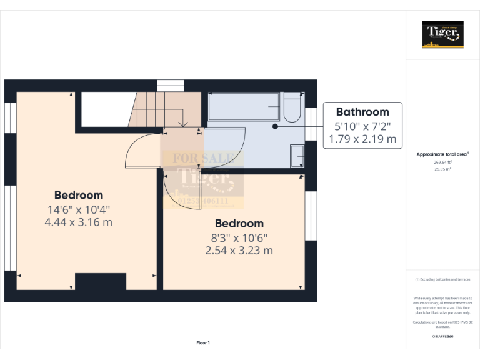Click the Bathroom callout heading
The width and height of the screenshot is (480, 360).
(362, 112)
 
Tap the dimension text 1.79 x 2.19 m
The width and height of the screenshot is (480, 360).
(362, 139)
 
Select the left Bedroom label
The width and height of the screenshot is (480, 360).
(79, 195)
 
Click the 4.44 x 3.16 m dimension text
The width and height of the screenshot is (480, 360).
(79, 222)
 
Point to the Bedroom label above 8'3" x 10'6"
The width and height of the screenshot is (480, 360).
(239, 223)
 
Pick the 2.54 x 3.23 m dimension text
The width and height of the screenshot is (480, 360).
(239, 251)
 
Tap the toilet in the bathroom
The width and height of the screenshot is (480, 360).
(291, 107)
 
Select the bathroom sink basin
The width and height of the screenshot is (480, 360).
(297, 156)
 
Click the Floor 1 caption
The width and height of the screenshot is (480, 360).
(203, 343)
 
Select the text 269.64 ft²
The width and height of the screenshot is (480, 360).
(443, 162)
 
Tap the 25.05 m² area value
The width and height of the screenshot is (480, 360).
(443, 169)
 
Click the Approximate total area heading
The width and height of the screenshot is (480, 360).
(442, 154)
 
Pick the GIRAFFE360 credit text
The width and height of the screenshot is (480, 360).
(442, 337)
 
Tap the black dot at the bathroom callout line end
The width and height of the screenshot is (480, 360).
(275, 126)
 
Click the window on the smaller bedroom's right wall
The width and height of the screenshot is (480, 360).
(311, 215)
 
